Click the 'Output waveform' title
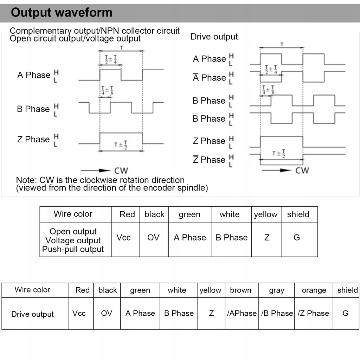point(62,13)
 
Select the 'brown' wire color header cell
point(240,290)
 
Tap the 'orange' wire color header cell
point(314,290)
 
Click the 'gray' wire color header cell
point(276,290)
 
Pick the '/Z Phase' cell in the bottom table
point(314,313)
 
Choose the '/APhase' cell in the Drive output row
point(242,313)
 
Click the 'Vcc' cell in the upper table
point(123,238)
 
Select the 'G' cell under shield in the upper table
point(297,238)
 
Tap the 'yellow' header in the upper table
point(266,214)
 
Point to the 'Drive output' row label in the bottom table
point(32,314)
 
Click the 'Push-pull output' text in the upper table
point(73,249)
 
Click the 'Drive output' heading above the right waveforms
point(214,37)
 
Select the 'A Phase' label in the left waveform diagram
point(34,75)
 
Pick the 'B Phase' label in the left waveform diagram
point(33,109)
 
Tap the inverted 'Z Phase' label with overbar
point(209,160)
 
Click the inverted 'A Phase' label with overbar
point(209,77)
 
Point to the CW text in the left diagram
point(121,171)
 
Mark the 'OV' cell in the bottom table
point(107,313)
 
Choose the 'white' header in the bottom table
point(177,290)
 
